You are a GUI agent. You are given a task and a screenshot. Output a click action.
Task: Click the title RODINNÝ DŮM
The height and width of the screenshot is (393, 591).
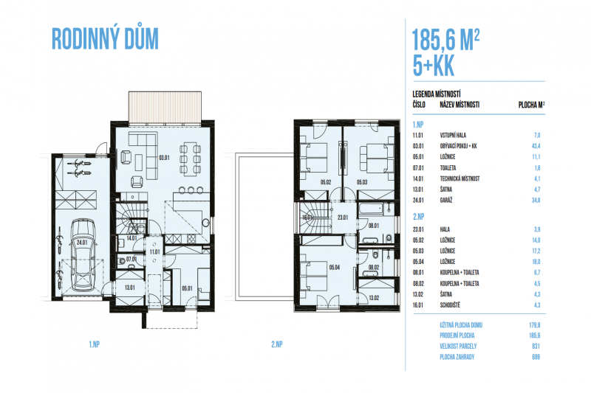tap(105, 39)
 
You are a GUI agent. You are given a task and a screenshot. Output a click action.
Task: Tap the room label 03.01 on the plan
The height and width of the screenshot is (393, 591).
tap(164, 158)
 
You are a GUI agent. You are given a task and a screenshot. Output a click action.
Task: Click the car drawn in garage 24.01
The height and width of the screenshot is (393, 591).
tap(83, 254)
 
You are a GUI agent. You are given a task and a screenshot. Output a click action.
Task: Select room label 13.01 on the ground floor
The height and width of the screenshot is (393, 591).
tap(130, 288)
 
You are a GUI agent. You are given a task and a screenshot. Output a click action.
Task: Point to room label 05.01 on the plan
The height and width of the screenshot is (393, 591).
tap(187, 288)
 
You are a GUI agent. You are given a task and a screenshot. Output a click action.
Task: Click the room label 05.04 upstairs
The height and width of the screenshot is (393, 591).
tap(335, 268)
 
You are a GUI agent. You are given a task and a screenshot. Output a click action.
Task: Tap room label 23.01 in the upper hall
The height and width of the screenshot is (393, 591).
tap(343, 218)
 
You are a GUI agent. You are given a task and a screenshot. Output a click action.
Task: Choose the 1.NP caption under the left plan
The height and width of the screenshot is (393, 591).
tap(95, 344)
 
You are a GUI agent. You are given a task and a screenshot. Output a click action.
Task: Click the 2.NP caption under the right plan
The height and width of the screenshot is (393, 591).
tap(276, 344)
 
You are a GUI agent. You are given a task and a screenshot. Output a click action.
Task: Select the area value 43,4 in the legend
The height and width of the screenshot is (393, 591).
tap(536, 146)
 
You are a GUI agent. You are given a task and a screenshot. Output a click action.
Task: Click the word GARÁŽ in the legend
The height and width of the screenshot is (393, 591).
tap(446, 201)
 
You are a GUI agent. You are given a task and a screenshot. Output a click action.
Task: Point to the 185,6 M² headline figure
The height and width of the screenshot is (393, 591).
tap(445, 40)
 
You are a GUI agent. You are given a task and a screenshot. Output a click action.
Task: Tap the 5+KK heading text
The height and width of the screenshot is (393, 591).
tap(434, 66)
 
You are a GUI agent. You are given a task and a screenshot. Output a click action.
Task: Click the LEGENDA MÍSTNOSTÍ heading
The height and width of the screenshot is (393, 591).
tap(437, 94)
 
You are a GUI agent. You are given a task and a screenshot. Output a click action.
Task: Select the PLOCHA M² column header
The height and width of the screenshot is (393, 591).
tap(531, 105)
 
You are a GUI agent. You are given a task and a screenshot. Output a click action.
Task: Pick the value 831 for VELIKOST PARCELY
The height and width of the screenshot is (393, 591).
tap(536, 346)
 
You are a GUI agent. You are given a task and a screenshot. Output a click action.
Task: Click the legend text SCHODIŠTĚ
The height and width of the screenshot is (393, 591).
tap(450, 305)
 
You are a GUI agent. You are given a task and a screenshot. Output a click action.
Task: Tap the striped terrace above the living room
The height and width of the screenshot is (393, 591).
tap(165, 107)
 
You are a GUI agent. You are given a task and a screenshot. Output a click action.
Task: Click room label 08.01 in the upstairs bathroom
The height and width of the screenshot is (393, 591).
tap(374, 226)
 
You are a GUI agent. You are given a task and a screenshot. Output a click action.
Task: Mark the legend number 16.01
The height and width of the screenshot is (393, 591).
tap(418, 305)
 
